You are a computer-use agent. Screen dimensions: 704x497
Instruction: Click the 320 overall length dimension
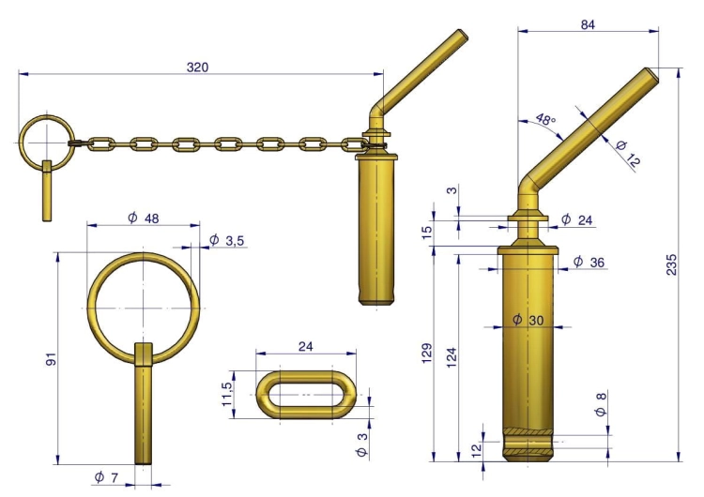coord(197,68)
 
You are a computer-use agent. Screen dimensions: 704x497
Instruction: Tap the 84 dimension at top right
coord(588,24)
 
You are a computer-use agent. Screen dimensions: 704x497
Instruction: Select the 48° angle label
coord(546,119)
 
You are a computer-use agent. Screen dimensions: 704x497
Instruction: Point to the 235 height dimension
coord(671,264)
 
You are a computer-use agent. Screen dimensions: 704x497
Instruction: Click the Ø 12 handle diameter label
coord(627,154)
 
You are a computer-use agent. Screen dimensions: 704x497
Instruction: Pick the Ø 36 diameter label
coord(589,262)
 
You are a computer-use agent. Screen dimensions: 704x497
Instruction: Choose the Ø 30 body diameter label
coord(528,320)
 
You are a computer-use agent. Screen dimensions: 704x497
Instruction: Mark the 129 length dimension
coord(427,353)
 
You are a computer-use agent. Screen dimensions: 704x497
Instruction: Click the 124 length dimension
coord(451,357)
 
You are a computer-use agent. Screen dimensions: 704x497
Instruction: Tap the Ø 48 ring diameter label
coord(144,218)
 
